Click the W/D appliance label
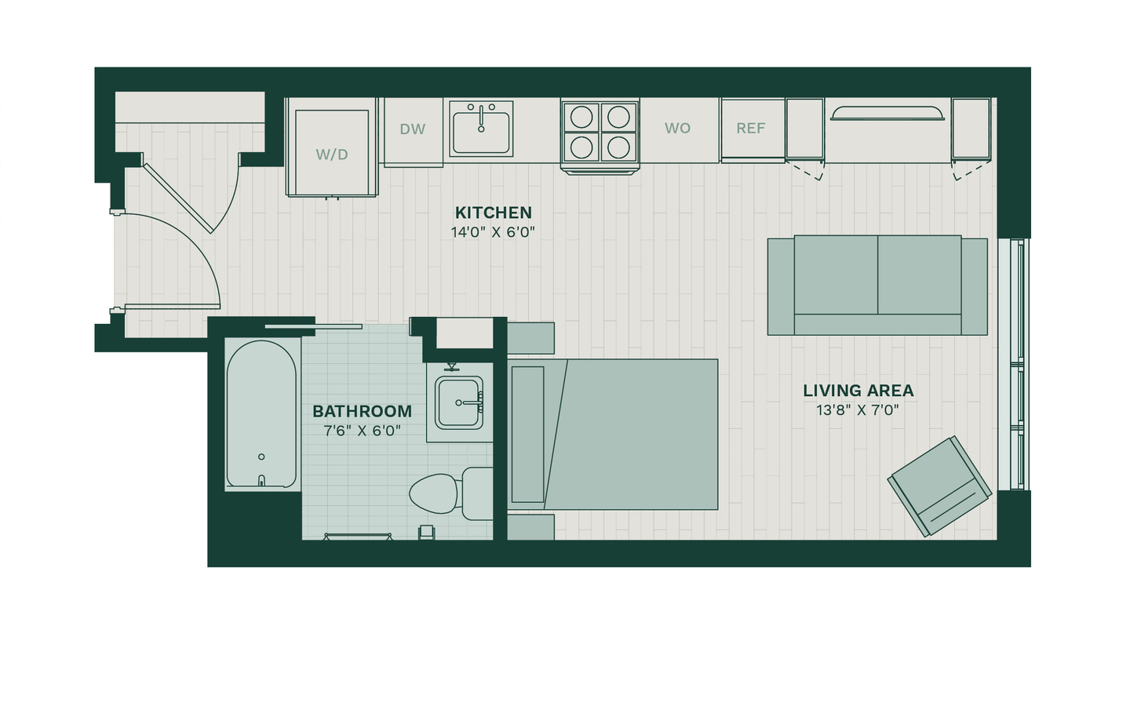(332, 155)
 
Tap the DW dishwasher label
(412, 129)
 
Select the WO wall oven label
(677, 128)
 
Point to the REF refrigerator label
(751, 128)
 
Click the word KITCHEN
(494, 213)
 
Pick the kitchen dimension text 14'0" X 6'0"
(493, 232)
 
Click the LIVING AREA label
(858, 391)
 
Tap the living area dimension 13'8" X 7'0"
(858, 410)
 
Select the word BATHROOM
(363, 412)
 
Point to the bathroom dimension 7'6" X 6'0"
(363, 431)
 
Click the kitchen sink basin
(481, 133)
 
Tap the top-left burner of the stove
(581, 118)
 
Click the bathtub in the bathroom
(261, 414)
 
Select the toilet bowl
(435, 493)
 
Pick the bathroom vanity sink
(459, 402)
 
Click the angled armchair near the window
(939, 486)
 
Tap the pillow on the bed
(527, 435)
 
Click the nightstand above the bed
(530, 338)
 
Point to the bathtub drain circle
(261, 457)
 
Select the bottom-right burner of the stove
(618, 147)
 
